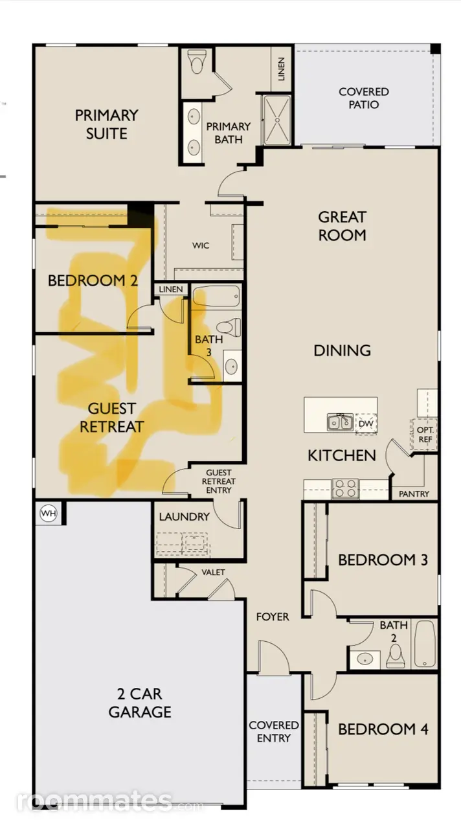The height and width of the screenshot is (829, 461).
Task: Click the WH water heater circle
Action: pos(49,514)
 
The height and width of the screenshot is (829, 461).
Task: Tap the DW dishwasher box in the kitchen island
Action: pos(366,424)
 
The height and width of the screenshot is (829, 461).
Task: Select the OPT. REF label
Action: pos(425,435)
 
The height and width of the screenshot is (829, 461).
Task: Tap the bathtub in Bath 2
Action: pos(424,644)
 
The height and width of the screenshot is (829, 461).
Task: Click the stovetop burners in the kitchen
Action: pos(346,488)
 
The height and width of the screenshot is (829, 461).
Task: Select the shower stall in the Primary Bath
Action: pos(276,120)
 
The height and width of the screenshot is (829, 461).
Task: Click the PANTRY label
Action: pos(414,494)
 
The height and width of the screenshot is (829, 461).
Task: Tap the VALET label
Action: pos(213,572)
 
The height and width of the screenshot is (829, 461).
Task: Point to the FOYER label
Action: pos(273,617)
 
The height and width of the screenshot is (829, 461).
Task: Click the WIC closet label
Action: pos(201,245)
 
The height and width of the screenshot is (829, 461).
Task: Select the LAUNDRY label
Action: pos(185,517)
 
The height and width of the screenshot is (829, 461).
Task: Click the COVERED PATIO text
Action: pos(364,98)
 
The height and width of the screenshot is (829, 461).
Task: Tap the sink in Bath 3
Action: pos(232,367)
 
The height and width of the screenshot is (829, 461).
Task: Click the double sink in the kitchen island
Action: pos(340,422)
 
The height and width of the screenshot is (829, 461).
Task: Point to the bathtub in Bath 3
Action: pos(216,296)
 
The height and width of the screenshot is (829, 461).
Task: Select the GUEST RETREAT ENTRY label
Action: pos(219,481)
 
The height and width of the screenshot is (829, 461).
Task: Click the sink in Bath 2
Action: pos(365,659)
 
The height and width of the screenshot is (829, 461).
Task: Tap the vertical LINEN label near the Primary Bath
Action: pos(281,69)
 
